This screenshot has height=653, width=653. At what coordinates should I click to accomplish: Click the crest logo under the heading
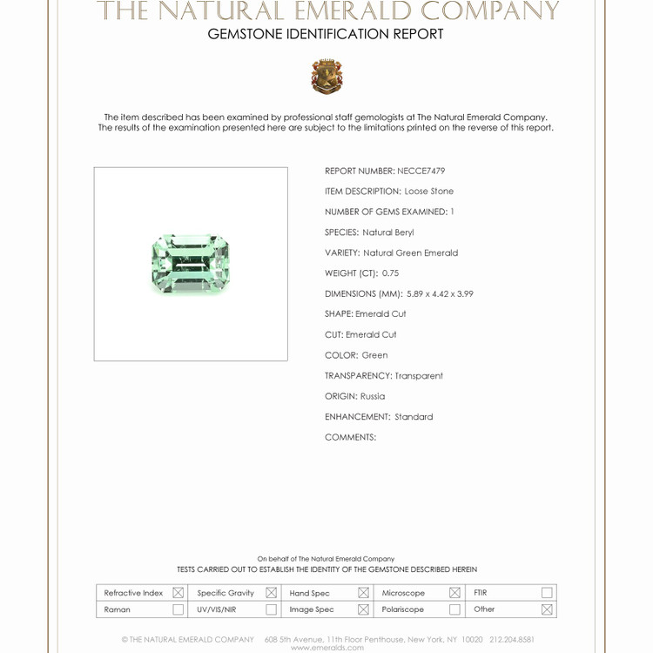(x=326, y=77)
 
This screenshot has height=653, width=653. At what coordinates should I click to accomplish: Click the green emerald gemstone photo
(x=190, y=263)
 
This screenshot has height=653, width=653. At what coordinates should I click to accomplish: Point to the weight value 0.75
(x=390, y=273)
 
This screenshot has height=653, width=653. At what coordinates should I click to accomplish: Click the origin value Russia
(x=373, y=396)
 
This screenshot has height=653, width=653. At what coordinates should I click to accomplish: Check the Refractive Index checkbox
(x=178, y=593)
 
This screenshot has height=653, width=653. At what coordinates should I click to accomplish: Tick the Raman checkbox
(x=178, y=609)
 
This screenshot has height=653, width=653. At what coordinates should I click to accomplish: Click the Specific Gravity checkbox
(x=271, y=593)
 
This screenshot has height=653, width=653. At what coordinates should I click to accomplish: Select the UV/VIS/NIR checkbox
(x=271, y=609)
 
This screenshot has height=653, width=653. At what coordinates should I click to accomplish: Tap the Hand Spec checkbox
(x=363, y=593)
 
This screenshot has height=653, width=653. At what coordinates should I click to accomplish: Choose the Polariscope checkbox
(x=454, y=609)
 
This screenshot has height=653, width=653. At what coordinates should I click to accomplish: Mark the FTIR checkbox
(x=547, y=593)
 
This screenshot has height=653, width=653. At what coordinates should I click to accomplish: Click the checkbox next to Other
(x=547, y=609)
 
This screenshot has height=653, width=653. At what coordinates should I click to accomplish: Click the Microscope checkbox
(x=454, y=593)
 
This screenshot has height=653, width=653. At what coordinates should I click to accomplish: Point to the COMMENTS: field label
(x=350, y=437)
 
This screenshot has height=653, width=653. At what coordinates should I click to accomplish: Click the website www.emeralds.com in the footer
(x=326, y=647)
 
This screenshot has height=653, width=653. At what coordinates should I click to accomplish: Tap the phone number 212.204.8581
(x=512, y=639)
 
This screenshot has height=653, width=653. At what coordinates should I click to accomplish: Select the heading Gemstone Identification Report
(x=326, y=35)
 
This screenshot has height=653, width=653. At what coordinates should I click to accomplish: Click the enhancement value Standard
(x=414, y=417)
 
